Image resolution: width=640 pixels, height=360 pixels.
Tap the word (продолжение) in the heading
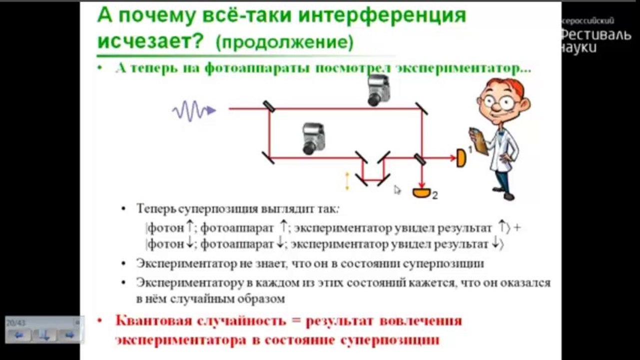pos(285,42)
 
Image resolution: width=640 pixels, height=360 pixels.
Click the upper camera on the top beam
pos(378,90)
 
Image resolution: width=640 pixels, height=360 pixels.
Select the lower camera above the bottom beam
pos(313,138)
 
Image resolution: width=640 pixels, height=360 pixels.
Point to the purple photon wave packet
pos(194,110)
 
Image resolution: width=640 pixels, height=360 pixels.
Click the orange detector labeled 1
pos(461,158)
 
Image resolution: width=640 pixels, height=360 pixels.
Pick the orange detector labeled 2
pos(422,192)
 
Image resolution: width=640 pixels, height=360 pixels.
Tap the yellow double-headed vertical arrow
pos(347,181)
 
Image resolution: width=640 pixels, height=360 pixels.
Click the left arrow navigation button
pos(19,335)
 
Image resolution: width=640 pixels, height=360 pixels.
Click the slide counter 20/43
pos(15,323)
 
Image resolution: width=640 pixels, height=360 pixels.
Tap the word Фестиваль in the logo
pos(596,35)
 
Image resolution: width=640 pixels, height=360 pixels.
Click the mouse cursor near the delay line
pos(397,190)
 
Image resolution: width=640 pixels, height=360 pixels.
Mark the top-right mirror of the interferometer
pos(422,108)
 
